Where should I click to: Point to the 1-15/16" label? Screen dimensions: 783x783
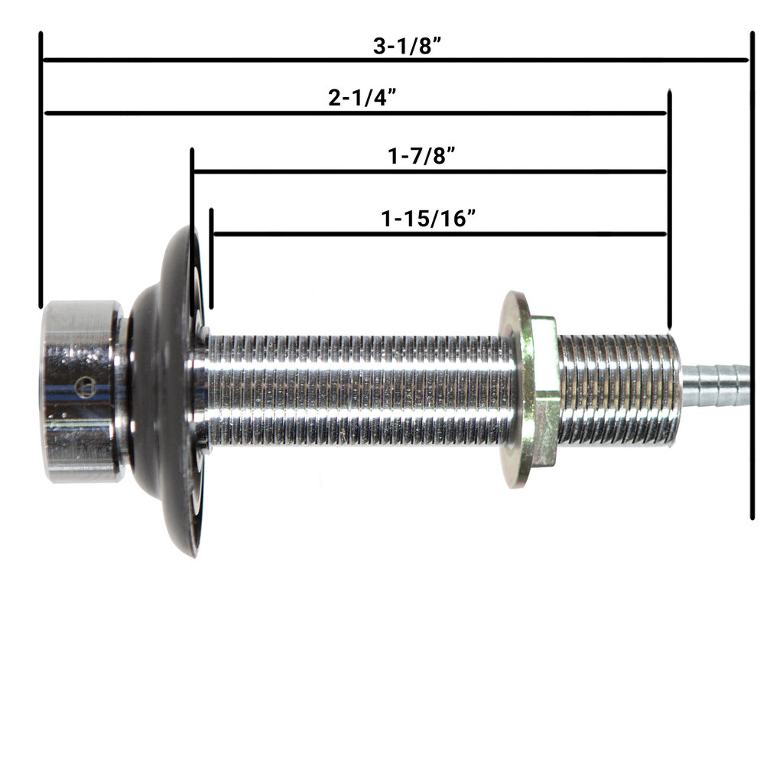(x=429, y=219)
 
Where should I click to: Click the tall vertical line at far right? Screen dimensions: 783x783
(x=752, y=275)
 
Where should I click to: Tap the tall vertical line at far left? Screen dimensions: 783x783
(x=41, y=168)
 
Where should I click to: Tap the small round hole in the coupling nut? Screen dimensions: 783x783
(x=86, y=388)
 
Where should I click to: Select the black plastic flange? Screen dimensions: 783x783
(x=164, y=390)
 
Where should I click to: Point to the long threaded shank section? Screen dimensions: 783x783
(x=359, y=390)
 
